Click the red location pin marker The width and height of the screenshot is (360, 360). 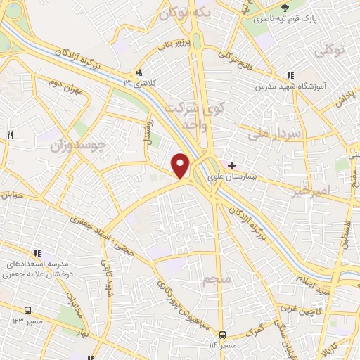(x=181, y=166)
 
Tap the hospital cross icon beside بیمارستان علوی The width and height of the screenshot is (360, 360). (x=232, y=165)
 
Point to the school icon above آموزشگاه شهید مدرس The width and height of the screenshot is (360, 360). (x=290, y=77)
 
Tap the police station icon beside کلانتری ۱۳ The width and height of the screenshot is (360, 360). (x=139, y=72)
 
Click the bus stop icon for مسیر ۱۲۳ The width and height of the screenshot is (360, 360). (x=28, y=309)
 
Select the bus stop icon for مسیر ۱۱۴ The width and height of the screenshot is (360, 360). (x=222, y=335)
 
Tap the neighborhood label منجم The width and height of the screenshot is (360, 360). (x=216, y=281)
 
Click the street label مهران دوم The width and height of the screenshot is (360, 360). (x=70, y=91)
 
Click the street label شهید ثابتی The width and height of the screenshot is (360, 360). (x=110, y=278)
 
